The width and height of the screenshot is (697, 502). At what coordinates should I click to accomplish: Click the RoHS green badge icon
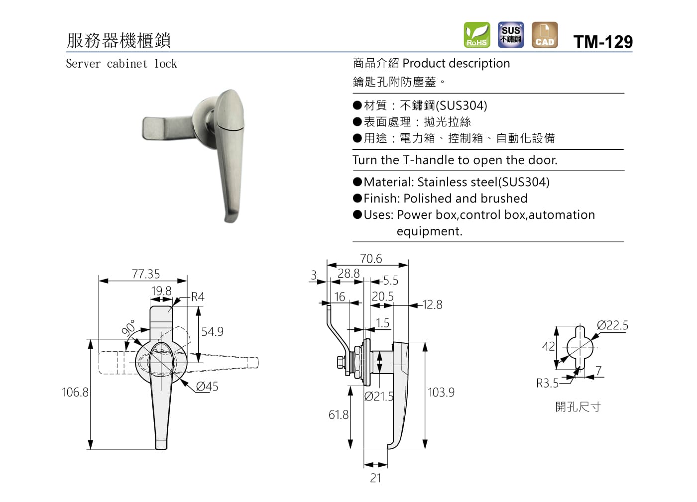(476, 35)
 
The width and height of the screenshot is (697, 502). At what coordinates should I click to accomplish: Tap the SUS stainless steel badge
(510, 35)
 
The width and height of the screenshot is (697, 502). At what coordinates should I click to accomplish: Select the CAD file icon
(544, 35)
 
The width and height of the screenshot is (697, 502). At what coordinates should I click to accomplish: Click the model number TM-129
(603, 42)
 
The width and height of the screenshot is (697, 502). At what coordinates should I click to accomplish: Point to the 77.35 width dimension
(145, 274)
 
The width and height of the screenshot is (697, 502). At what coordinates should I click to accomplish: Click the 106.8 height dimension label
(75, 393)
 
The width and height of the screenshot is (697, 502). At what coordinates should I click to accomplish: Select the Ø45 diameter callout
(207, 387)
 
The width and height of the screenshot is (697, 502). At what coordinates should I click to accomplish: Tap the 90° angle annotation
(128, 328)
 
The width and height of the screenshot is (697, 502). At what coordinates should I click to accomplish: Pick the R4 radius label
(198, 297)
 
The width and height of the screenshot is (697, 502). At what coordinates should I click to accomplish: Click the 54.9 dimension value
(212, 332)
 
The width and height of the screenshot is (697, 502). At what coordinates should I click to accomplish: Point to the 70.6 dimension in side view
(371, 259)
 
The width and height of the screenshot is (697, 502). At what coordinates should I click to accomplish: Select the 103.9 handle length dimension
(441, 393)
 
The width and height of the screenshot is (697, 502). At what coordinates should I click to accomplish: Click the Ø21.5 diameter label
(379, 397)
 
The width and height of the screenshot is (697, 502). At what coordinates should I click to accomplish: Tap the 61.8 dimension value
(339, 415)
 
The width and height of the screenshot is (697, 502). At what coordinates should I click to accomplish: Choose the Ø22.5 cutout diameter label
(612, 325)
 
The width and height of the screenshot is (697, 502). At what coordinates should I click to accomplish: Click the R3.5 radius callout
(547, 384)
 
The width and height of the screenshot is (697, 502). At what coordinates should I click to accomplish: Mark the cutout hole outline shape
(580, 347)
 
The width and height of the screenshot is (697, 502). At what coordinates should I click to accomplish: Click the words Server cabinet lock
(121, 64)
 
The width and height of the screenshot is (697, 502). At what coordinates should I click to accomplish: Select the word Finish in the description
(381, 199)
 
